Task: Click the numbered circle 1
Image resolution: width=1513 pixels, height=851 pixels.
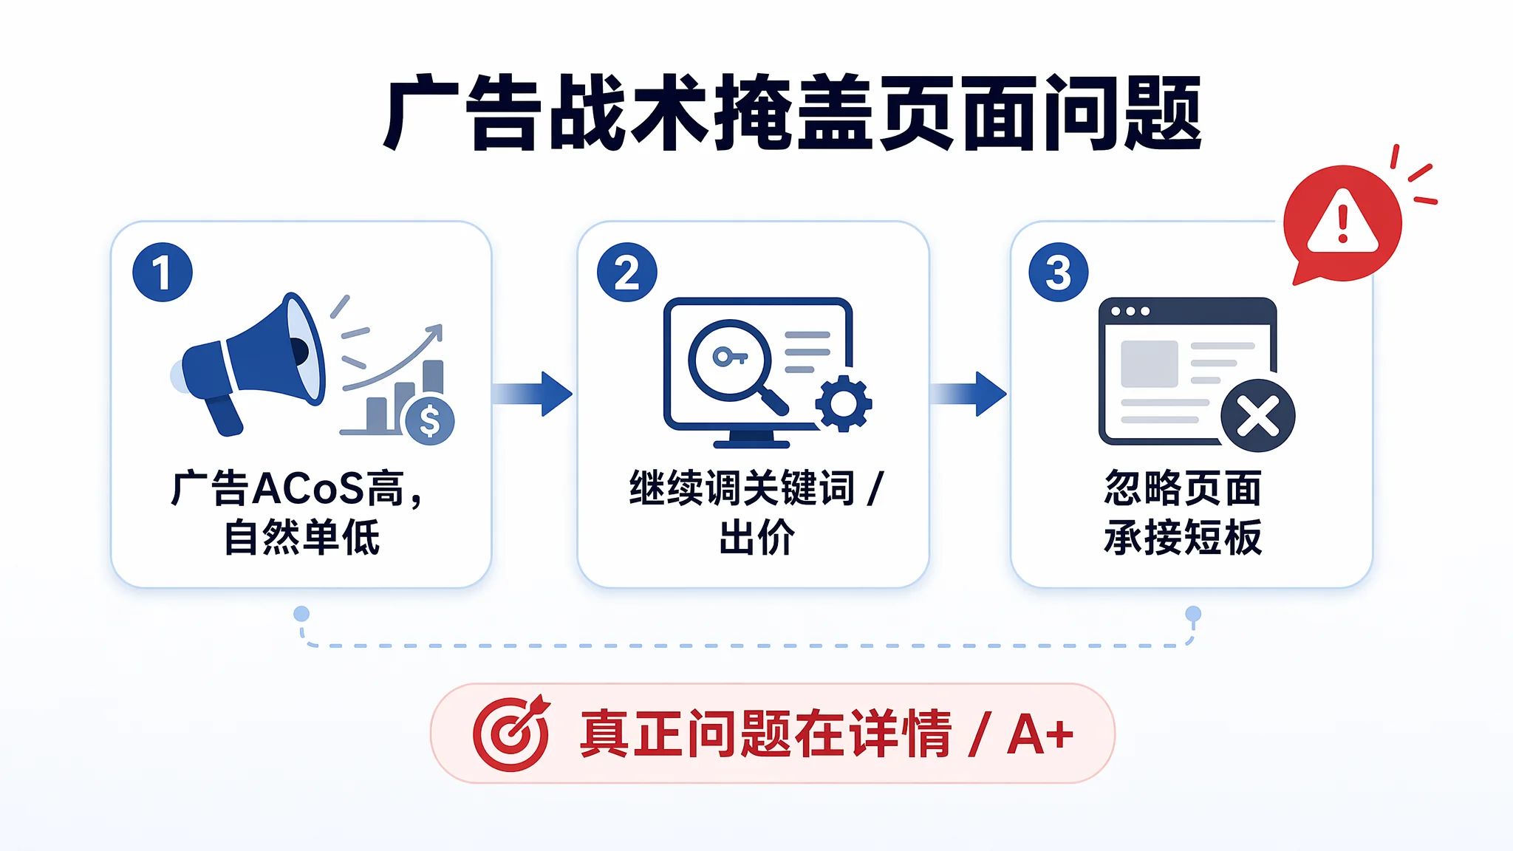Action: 163,272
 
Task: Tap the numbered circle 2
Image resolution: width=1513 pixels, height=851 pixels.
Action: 626,272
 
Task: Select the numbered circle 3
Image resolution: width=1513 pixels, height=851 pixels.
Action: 1058,272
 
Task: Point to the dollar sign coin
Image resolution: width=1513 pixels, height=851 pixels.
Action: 429,421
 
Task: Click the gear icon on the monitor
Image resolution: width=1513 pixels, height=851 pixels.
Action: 844,403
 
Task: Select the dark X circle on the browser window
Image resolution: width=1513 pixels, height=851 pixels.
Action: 1257,416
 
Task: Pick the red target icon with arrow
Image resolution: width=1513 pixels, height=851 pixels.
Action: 511,734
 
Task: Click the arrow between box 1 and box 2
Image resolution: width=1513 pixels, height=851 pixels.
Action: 532,394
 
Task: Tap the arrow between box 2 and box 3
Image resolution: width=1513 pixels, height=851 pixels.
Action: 968,394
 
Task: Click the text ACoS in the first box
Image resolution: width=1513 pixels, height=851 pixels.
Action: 309,489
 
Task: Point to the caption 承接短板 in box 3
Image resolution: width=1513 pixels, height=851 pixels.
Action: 1183,537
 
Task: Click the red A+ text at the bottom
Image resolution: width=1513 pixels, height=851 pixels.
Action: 1040,734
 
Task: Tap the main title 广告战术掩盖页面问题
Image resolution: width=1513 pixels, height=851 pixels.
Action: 792,113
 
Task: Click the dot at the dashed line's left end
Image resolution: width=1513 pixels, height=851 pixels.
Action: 301,614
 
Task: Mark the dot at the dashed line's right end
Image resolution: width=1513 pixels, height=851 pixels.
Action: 1193,614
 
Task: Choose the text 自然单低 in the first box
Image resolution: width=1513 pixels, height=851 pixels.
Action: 302,537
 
